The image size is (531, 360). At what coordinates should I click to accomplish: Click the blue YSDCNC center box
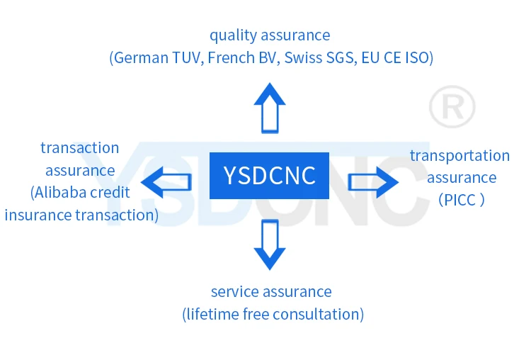point(270,175)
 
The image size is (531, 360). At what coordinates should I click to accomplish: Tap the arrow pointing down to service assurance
point(270,244)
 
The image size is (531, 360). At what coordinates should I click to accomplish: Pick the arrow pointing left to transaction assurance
point(166,181)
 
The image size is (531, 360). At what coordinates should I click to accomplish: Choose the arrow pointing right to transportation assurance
point(373,182)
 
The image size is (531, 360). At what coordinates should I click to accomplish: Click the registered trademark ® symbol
point(452,108)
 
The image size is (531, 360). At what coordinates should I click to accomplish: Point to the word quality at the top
point(232,35)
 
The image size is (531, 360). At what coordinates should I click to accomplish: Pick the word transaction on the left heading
point(79,148)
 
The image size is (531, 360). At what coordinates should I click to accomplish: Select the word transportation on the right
point(459,155)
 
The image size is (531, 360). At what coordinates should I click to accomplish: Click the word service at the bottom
point(234,291)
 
